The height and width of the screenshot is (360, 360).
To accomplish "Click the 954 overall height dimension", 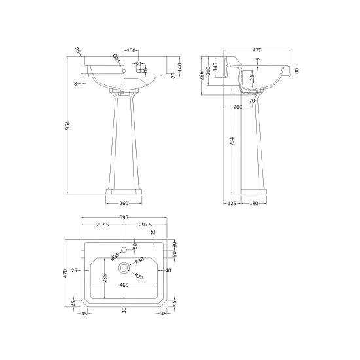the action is [x=67, y=126].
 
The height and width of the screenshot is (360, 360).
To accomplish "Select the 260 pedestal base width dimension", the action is [x=124, y=203].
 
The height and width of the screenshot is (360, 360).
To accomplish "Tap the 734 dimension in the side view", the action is [x=232, y=141].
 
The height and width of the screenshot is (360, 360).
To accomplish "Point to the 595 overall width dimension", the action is [x=124, y=217].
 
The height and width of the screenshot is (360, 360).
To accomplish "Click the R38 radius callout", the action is [x=139, y=261].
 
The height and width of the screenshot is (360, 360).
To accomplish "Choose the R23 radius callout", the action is [x=139, y=276].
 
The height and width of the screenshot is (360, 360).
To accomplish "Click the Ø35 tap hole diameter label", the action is [x=115, y=256].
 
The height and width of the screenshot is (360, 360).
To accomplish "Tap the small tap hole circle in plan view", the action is [x=124, y=249].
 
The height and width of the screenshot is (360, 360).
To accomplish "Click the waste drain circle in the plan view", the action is [x=124, y=268].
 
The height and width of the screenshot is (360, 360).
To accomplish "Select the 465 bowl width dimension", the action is [x=124, y=285].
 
